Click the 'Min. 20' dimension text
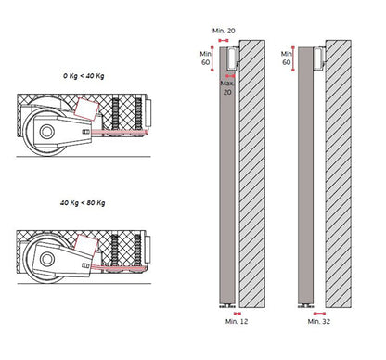point(224,31)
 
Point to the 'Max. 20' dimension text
point(227,87)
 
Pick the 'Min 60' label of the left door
point(207,58)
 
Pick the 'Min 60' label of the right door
point(286,58)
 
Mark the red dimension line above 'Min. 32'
point(313,313)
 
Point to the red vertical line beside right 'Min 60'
point(294,58)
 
